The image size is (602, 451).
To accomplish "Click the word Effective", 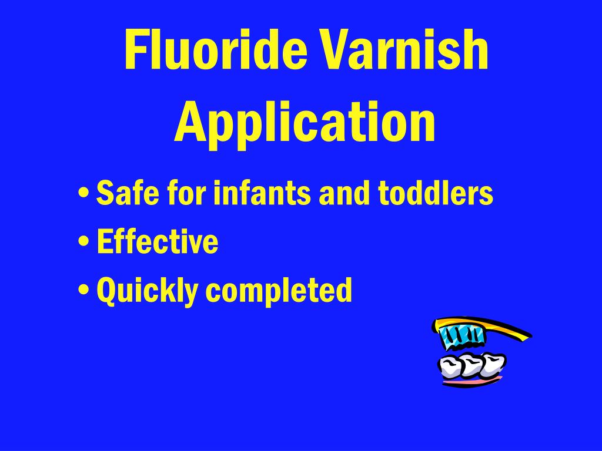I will coord(158,241).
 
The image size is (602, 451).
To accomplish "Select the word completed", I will coord(278,290).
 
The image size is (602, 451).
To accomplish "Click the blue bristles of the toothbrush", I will coord(463,335).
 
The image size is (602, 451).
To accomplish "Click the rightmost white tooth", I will coord(493,364).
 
